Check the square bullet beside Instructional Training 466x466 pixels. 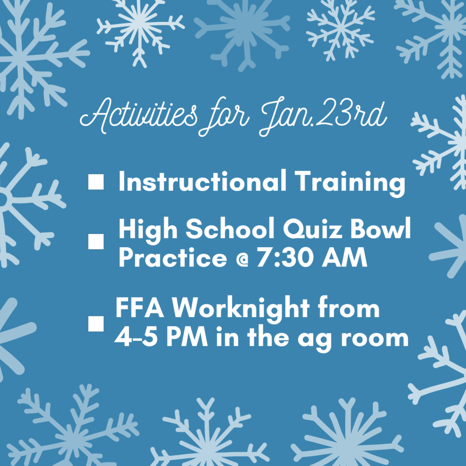96,182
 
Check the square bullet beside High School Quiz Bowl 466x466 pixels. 96,241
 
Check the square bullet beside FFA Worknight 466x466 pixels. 96,324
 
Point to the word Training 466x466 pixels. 350,183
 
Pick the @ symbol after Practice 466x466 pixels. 242,260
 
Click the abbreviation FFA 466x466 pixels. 139,308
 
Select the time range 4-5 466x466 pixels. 136,337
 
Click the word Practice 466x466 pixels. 173,257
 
